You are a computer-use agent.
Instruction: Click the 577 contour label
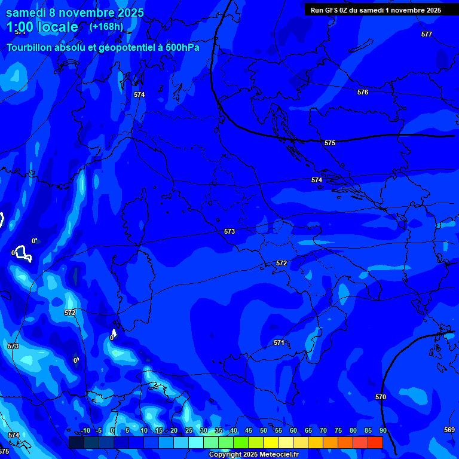point(426,34)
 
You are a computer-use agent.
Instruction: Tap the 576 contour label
point(363,92)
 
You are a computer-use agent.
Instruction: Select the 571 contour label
point(279,342)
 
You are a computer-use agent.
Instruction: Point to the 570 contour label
point(381,397)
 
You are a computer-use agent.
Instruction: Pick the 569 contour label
point(449,430)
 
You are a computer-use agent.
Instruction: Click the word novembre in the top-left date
point(89,13)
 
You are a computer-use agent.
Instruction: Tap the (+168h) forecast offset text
point(106,27)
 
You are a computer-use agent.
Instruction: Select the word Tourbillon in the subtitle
point(30,47)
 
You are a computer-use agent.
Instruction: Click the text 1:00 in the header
point(19,27)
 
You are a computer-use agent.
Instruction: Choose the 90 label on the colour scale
point(382,430)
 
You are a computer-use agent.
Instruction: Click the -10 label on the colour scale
point(85,430)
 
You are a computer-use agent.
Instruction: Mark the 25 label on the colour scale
point(189,430)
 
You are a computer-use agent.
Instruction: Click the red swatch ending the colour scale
point(375,442)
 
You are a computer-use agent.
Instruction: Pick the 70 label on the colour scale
point(323,430)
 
